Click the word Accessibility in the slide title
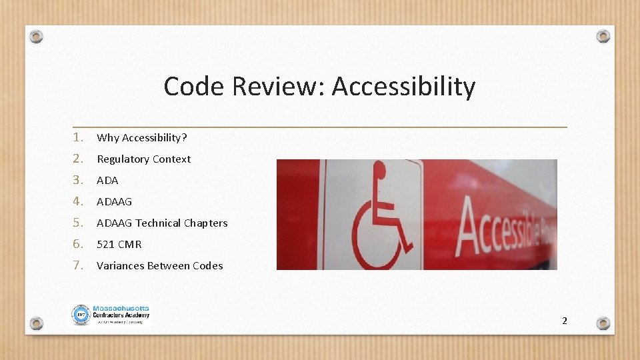tap(403, 87)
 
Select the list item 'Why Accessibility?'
tap(142, 138)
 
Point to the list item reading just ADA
tap(107, 181)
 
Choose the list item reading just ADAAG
tap(115, 202)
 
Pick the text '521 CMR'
tap(119, 245)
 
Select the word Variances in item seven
tap(121, 266)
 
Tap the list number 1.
tap(78, 137)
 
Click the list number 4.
tap(78, 201)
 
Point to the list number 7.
tap(78, 265)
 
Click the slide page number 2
tap(565, 321)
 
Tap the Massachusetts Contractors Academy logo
tap(111, 315)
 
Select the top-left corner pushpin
tap(37, 36)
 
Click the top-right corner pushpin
tap(603, 36)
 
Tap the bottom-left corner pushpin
tap(37, 323)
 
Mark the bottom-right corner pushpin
tap(603, 323)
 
